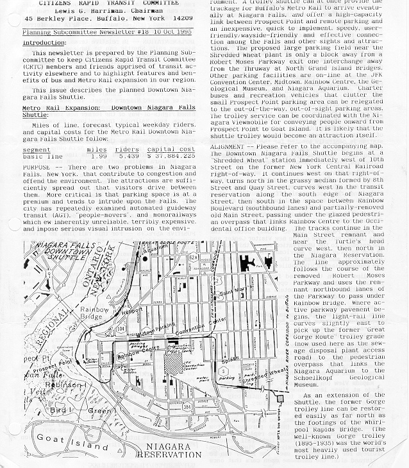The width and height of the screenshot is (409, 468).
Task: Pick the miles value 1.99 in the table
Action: [98, 155]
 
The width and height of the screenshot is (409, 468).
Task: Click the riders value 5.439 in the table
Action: [128, 155]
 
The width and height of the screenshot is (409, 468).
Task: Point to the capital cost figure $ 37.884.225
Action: [171, 155]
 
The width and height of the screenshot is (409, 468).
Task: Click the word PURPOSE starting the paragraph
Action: [37, 166]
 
